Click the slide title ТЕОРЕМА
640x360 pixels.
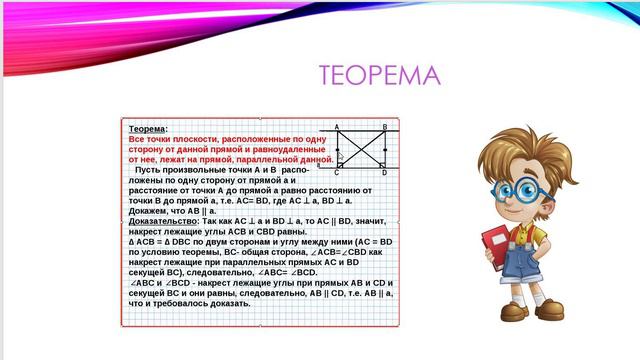[x=379, y=77]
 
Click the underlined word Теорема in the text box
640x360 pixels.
[x=148, y=130]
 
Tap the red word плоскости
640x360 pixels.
[x=187, y=139]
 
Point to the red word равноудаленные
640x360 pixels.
[x=287, y=149]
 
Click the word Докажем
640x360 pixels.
[x=149, y=209]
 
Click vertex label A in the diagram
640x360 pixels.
[x=337, y=127]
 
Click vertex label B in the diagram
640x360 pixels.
[x=384, y=127]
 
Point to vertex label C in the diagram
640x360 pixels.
[x=337, y=172]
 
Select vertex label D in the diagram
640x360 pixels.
[x=384, y=172]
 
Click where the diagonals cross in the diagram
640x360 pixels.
[x=361, y=149]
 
